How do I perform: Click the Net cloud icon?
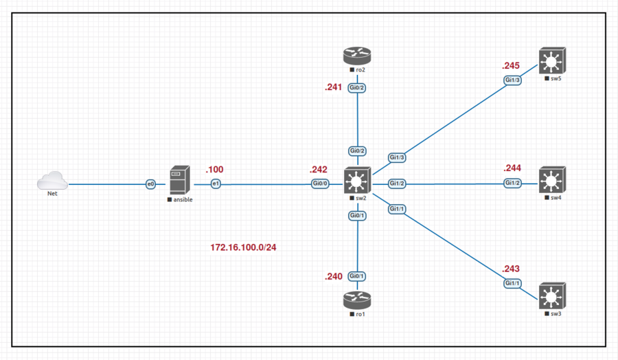click(x=53, y=181)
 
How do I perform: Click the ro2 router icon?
click(x=356, y=56)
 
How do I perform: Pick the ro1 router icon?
click(x=356, y=300)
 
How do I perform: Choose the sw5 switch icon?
click(x=551, y=62)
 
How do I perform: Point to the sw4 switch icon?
click(x=551, y=181)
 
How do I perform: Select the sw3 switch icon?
click(x=551, y=297)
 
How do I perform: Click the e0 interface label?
click(x=151, y=184)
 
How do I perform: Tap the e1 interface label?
click(x=216, y=184)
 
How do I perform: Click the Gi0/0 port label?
click(x=321, y=184)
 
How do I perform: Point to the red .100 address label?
click(x=214, y=170)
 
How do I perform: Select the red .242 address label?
click(x=319, y=170)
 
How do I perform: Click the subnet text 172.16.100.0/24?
click(x=243, y=247)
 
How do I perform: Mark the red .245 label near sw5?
click(x=510, y=66)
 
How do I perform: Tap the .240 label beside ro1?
click(x=333, y=277)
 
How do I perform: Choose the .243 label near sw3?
click(x=512, y=268)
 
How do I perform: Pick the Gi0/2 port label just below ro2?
click(x=357, y=89)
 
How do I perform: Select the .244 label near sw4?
click(x=512, y=168)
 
